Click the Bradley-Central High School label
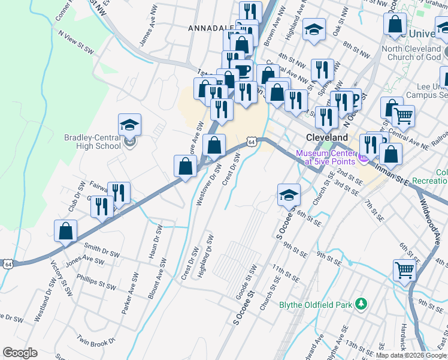(x=92, y=142)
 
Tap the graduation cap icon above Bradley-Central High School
(x=129, y=125)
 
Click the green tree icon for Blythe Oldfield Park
(x=360, y=304)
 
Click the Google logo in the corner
(x=20, y=353)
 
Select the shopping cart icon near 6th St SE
(x=405, y=270)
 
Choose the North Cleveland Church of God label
(x=411, y=53)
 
